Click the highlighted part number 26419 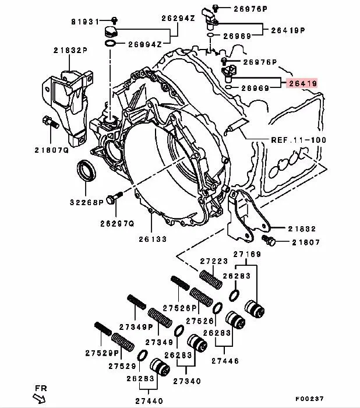pos(302,84)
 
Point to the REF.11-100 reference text pos(299,140)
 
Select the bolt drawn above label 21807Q pos(49,124)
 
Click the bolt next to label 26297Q pos(114,198)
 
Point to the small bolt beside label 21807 pos(269,240)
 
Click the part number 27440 pos(150,400)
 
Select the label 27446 pos(225,361)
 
